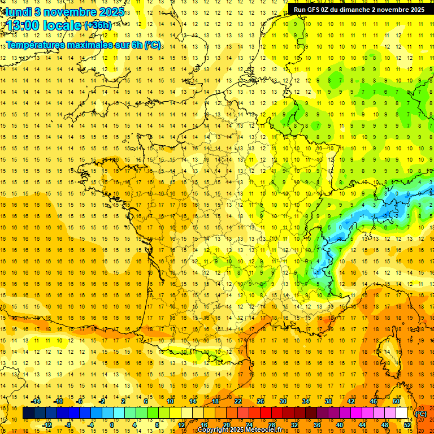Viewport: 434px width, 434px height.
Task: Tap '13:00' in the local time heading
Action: click(23, 25)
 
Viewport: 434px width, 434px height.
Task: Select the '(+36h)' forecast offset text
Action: click(98, 25)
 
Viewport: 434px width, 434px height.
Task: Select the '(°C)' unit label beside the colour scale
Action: click(421, 414)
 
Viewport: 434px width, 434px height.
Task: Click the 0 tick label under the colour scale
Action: click(112, 425)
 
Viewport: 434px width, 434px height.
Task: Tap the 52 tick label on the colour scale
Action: click(407, 425)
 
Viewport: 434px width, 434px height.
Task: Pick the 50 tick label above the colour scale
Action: click(396, 401)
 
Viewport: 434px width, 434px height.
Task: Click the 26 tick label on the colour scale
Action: click(261, 401)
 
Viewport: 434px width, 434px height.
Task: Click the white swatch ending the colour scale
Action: click(402, 413)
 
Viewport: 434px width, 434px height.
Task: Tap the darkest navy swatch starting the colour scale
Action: click(28, 413)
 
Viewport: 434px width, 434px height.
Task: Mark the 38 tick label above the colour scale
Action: click(328, 401)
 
